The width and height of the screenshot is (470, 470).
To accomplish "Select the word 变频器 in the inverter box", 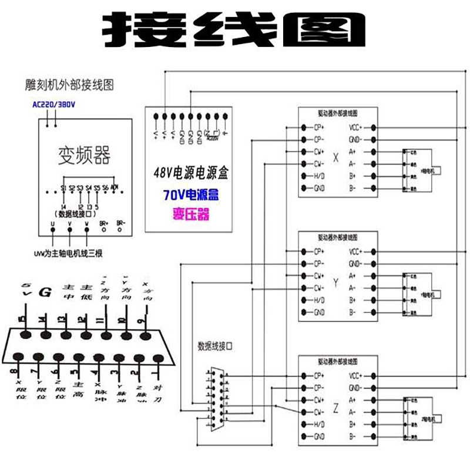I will pyautogui.click(x=84, y=155).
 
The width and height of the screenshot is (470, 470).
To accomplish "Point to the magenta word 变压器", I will pyautogui.click(x=191, y=215).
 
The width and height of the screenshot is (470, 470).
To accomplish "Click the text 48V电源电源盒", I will pyautogui.click(x=190, y=174).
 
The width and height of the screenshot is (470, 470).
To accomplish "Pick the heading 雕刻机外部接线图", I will pyautogui.click(x=69, y=85).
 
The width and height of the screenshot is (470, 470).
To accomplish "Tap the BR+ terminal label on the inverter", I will pyautogui.click(x=103, y=224).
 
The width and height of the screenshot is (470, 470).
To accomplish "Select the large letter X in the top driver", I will pyautogui.click(x=336, y=158).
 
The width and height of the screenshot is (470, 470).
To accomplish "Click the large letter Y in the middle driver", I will pyautogui.click(x=336, y=283).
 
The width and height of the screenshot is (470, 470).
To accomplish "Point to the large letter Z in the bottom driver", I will pyautogui.click(x=336, y=407).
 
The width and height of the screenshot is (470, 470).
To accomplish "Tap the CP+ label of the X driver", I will pyautogui.click(x=320, y=127).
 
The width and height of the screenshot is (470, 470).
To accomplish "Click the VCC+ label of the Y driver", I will pyautogui.click(x=355, y=251).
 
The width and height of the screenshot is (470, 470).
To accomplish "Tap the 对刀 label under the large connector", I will pyautogui.click(x=157, y=394).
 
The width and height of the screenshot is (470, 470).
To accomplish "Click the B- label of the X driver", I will pyautogui.click(x=352, y=189).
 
